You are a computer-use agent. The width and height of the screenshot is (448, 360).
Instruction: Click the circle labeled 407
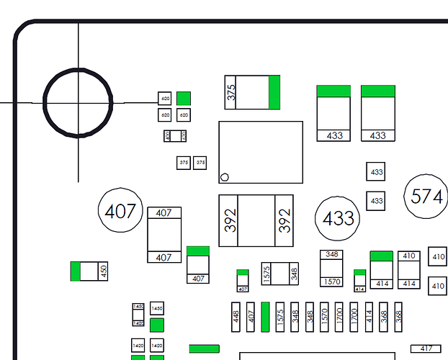120,211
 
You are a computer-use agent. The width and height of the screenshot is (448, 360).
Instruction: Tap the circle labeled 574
424,195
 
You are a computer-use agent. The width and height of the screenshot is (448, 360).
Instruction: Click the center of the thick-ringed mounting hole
78,102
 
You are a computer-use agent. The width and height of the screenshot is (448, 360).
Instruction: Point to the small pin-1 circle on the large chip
225,176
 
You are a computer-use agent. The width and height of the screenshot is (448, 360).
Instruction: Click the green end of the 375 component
274,92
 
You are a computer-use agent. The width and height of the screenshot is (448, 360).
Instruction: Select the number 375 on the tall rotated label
231,92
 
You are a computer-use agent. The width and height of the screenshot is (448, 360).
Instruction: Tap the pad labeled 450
103,271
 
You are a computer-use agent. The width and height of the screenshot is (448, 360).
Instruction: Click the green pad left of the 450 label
76,271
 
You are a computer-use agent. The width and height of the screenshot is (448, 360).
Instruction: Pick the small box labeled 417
426,349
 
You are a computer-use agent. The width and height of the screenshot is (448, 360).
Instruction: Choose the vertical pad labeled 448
236,317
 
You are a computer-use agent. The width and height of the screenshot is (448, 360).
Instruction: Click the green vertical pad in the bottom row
266,317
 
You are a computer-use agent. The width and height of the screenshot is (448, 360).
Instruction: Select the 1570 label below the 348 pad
332,282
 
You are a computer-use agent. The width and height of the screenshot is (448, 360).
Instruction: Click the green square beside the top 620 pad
184,98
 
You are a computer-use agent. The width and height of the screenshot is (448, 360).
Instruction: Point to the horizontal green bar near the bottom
204,349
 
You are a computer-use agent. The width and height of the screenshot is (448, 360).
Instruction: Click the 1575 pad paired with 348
266,274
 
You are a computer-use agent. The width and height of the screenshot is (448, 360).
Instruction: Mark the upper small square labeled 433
376,172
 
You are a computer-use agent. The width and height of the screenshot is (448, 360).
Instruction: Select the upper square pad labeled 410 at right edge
438,256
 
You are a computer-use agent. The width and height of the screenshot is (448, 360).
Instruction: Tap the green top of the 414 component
381,256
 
